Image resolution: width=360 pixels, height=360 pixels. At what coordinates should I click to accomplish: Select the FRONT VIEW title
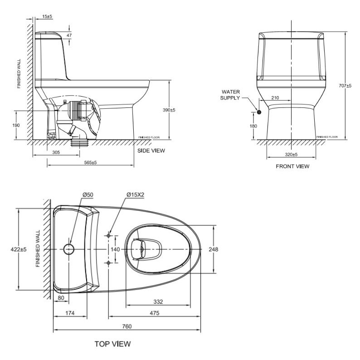(x=292, y=166)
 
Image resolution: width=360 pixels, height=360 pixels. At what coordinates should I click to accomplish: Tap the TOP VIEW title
(x=113, y=344)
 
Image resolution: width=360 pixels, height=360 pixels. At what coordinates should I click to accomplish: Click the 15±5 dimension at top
(x=47, y=16)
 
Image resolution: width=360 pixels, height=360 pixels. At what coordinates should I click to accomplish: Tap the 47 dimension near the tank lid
(x=69, y=35)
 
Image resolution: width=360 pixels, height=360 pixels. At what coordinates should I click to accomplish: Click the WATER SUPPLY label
(x=230, y=94)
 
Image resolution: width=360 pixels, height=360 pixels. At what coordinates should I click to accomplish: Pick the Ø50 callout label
(x=88, y=195)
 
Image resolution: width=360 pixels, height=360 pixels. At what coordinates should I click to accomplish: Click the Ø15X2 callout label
(x=135, y=195)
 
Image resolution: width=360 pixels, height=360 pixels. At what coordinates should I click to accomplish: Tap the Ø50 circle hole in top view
(x=69, y=249)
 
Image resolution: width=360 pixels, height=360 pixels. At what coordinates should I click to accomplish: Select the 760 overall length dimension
(x=126, y=326)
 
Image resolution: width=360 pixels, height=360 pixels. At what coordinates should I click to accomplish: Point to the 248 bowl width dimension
(x=214, y=249)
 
